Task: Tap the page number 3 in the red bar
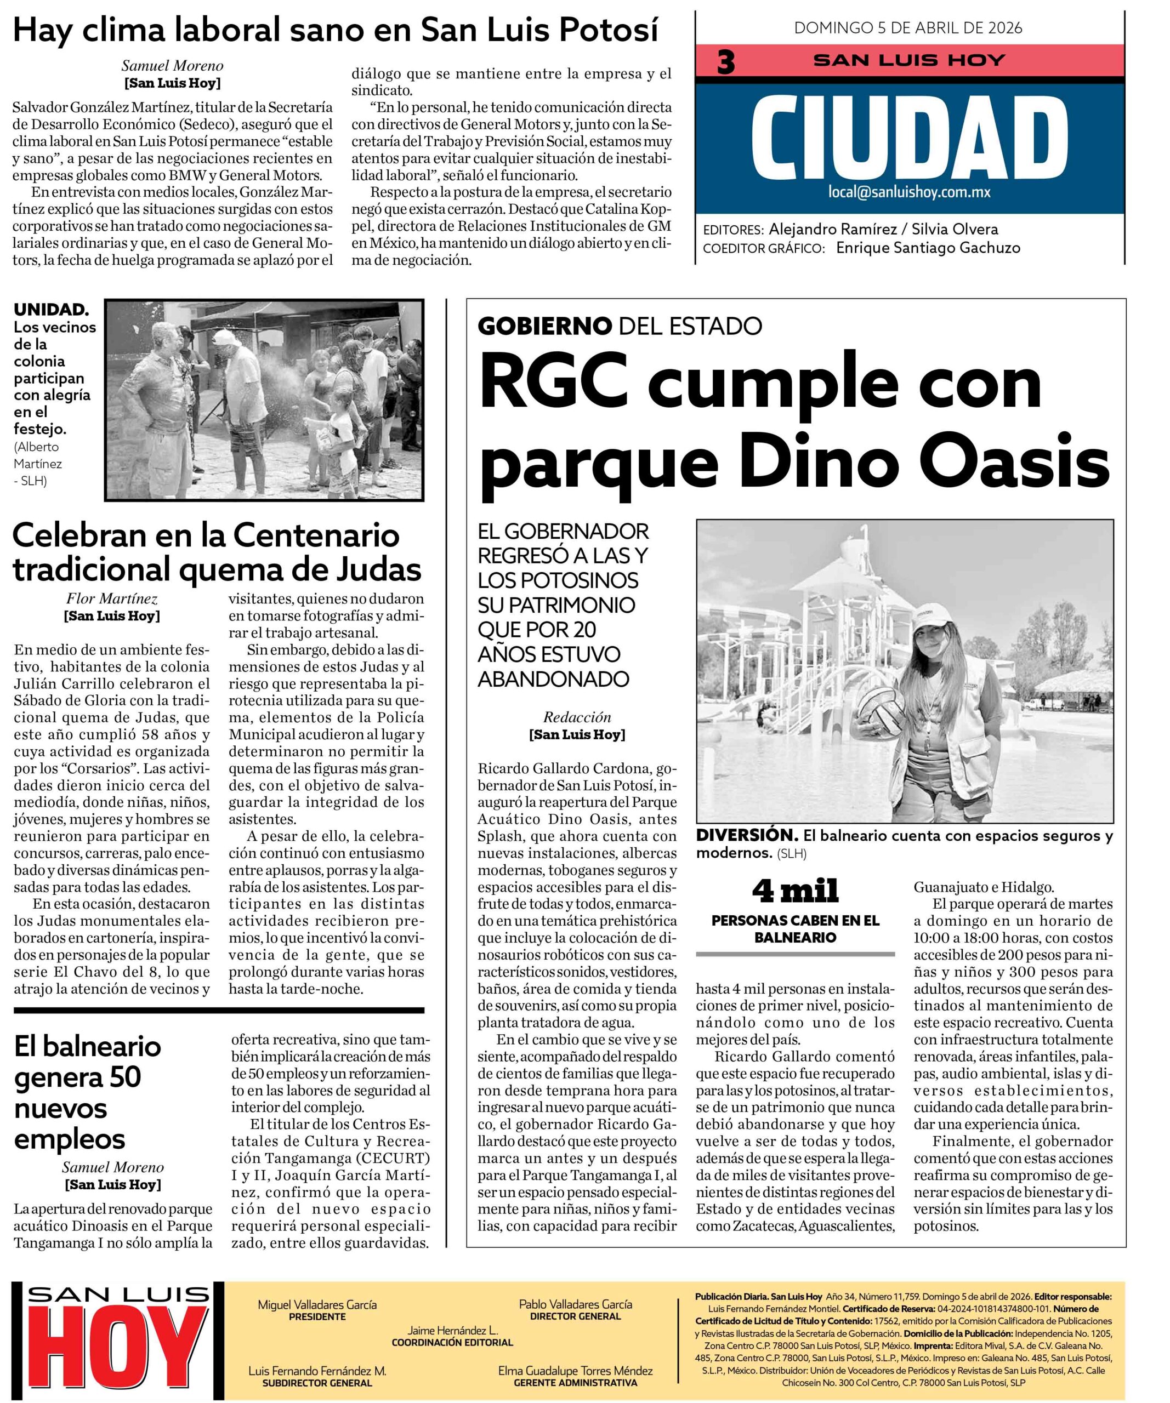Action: tap(726, 62)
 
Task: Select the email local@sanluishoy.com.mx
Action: tap(908, 192)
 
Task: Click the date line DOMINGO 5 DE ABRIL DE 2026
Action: tap(908, 27)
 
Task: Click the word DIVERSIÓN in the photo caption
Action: tap(746, 835)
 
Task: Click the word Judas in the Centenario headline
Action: tap(378, 570)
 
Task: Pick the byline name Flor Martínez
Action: tap(112, 598)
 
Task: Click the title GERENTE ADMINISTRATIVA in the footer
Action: tap(575, 1382)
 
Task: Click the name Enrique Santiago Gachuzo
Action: tap(928, 247)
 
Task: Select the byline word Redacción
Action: tap(577, 717)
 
